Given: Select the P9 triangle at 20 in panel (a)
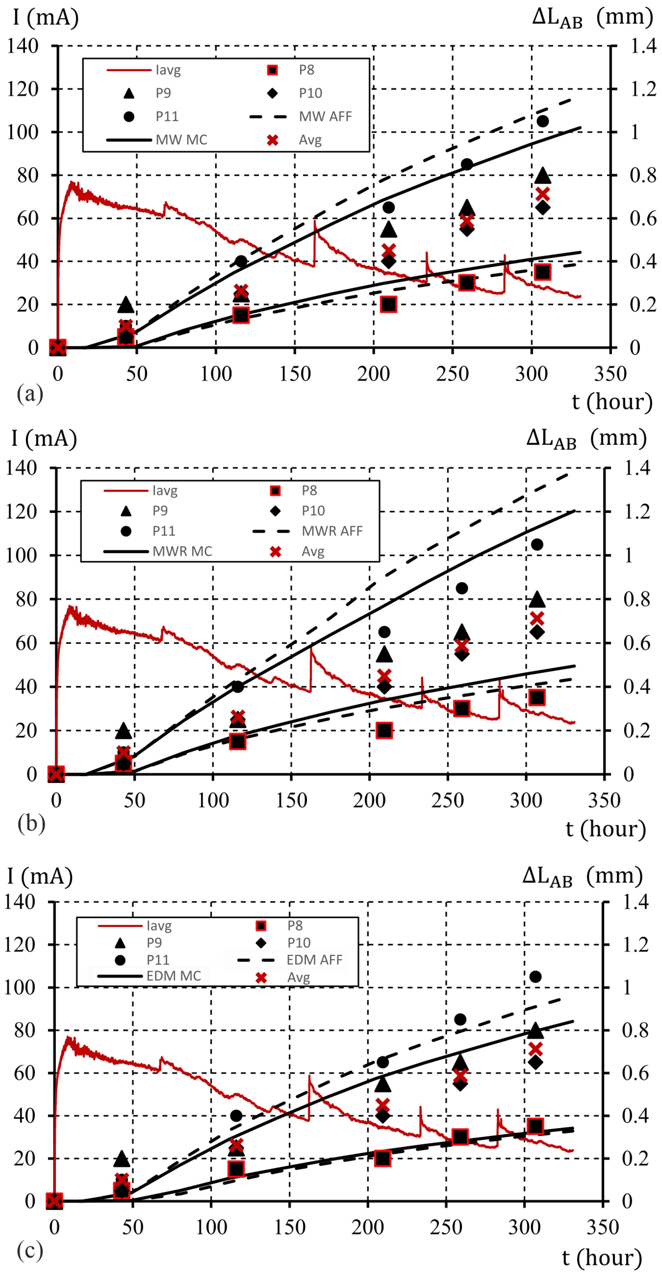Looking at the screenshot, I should pos(126,305).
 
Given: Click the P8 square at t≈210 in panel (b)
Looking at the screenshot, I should pos(384,730).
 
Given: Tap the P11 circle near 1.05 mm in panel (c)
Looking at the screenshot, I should pos(535,976).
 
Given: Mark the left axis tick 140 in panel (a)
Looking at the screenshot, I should pos(23,46).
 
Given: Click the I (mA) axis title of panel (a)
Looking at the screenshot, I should pos(45,17).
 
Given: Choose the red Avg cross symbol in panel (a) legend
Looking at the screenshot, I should pos(272,140).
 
